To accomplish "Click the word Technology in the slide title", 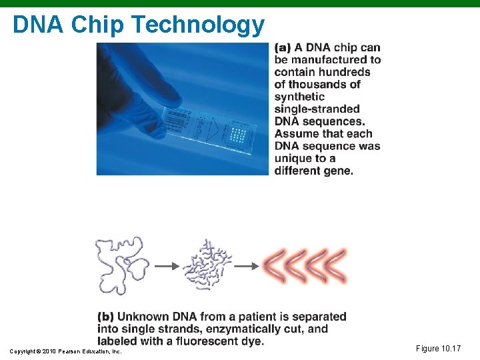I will coord(198,25).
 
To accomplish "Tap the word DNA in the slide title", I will coord(39,25).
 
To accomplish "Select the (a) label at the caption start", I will coord(282,47).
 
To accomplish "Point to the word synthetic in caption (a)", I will coord(299,97).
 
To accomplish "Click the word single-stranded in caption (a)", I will coord(317,109).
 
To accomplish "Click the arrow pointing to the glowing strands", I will coord(246,265).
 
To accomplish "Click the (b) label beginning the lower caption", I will coord(105,317).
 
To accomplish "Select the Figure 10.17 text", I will coord(438,349).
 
